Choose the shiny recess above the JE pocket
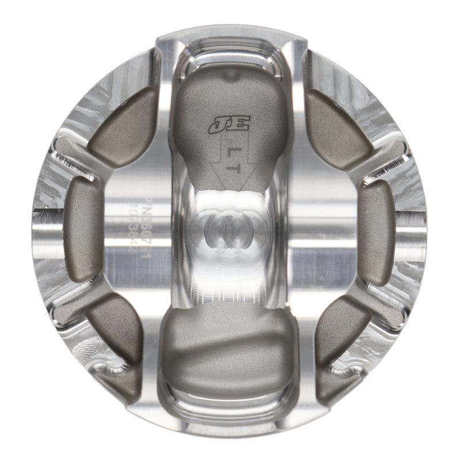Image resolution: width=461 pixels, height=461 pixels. click(x=231, y=55)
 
